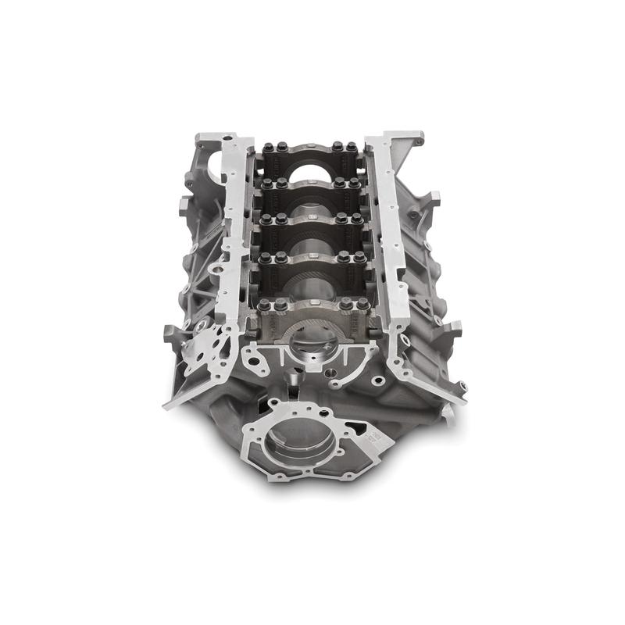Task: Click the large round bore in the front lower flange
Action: coord(299,442)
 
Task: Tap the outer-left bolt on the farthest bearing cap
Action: coord(269,146)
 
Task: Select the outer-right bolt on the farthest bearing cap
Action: coord(352,146)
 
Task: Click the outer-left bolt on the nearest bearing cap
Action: coord(264,305)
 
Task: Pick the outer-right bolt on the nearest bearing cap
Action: coord(363,304)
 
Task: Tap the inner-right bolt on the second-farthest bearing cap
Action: coord(341,184)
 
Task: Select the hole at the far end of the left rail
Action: coord(228,138)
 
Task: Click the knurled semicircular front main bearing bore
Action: coord(312,332)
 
